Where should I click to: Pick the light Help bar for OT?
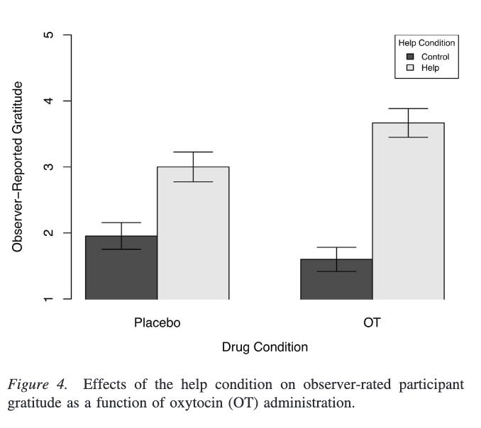click(x=408, y=213)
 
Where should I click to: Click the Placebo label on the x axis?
click(x=157, y=323)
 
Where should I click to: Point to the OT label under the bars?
click(x=372, y=323)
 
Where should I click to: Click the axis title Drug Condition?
click(x=265, y=347)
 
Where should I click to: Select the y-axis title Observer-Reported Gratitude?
click(x=18, y=167)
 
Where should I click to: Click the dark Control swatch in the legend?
click(x=409, y=57)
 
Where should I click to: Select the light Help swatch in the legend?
click(x=409, y=68)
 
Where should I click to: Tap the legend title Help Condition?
click(x=426, y=43)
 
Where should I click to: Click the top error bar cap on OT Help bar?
click(x=408, y=108)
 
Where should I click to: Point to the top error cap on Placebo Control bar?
click(x=121, y=223)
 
